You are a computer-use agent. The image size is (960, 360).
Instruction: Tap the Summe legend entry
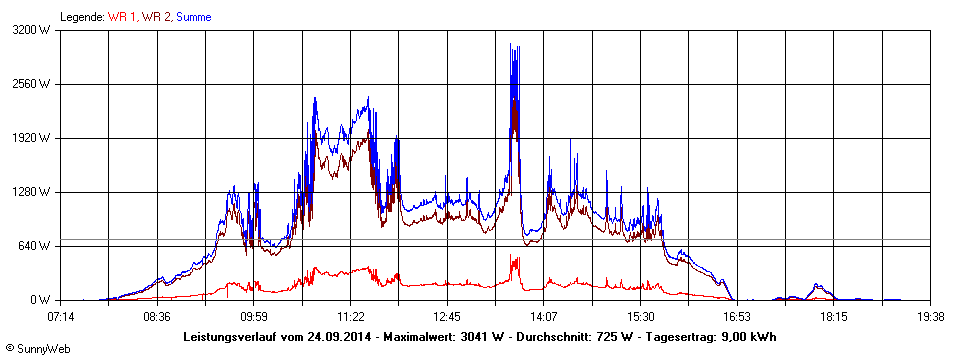click(193, 17)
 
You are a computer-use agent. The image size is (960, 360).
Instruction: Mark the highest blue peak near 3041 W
click(511, 45)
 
